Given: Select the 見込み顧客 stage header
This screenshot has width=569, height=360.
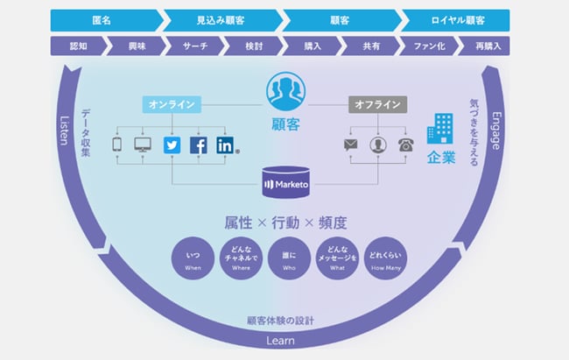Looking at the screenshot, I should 221,18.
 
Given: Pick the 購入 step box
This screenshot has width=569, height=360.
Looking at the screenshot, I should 313,45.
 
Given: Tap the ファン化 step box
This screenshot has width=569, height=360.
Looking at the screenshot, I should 428,45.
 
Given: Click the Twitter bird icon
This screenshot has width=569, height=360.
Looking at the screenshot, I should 172,145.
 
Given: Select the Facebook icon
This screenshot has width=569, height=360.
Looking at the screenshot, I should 199,145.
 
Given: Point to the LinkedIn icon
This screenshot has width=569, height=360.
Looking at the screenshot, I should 226,145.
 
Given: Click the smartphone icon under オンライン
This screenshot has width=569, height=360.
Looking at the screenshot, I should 117,145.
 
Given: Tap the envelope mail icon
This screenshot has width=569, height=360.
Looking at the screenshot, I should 350,145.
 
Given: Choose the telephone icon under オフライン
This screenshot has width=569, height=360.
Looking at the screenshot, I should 404,145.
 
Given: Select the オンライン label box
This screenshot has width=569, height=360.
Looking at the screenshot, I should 172,105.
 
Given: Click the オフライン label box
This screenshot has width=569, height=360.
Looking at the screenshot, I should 378,105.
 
